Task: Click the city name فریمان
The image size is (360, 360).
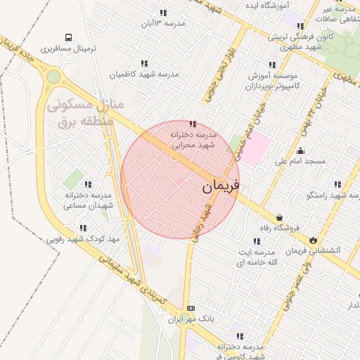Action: point(221,186)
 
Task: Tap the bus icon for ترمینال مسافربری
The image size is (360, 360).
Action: point(68,37)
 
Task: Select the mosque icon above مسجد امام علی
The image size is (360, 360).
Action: point(301,150)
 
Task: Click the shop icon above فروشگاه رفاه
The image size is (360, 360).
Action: point(281,217)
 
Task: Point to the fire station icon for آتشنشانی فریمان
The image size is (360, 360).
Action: point(313,240)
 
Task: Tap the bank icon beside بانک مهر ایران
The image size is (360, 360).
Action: point(191,309)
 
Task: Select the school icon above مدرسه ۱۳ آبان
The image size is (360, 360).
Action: point(163,13)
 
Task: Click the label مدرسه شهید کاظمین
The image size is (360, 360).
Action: point(144,74)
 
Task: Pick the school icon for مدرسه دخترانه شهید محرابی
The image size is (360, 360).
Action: point(193,124)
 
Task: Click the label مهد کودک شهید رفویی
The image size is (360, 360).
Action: point(83,239)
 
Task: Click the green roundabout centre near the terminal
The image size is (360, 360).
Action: point(53,76)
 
